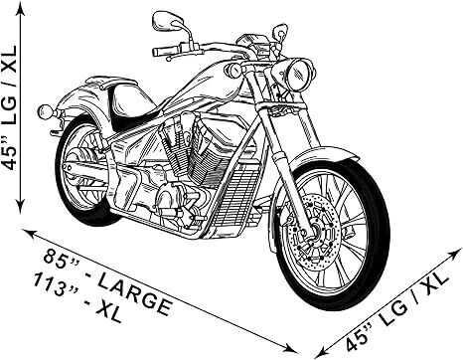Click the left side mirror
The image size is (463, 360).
pyautogui.click(x=166, y=19)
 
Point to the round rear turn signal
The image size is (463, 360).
pyautogui.click(x=44, y=111)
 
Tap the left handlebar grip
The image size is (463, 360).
pyautogui.click(x=164, y=49)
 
